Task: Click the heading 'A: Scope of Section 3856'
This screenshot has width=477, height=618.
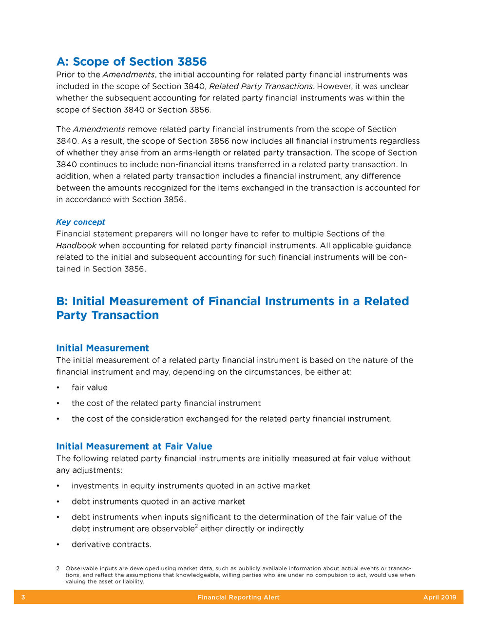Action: [132, 62]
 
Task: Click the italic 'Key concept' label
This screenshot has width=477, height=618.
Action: [80, 222]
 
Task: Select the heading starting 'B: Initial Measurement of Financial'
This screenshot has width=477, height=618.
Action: [232, 301]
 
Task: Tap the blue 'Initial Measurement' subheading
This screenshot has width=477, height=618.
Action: [102, 348]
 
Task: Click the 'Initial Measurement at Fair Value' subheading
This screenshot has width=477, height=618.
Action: [134, 446]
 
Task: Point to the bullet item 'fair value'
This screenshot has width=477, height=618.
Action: [90, 388]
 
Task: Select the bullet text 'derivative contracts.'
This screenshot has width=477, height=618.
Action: [112, 545]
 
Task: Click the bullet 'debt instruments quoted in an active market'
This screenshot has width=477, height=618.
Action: [158, 502]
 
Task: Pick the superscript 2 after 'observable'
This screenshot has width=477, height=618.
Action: [196, 526]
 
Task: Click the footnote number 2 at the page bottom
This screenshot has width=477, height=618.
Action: [58, 569]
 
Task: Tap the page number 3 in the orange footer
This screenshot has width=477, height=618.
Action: [23, 598]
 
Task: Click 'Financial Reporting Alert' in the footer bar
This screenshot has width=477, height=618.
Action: [238, 598]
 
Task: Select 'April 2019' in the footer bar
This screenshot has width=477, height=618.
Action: [439, 598]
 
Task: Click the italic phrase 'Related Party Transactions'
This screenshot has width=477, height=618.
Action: [261, 87]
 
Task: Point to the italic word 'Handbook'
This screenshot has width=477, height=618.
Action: [76, 246]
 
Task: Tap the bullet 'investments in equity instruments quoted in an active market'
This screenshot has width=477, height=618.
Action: [191, 486]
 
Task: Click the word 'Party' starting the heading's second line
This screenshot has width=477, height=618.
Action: [71, 315]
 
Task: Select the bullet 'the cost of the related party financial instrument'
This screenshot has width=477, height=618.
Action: [166, 404]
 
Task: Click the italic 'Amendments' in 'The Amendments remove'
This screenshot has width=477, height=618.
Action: [99, 130]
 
